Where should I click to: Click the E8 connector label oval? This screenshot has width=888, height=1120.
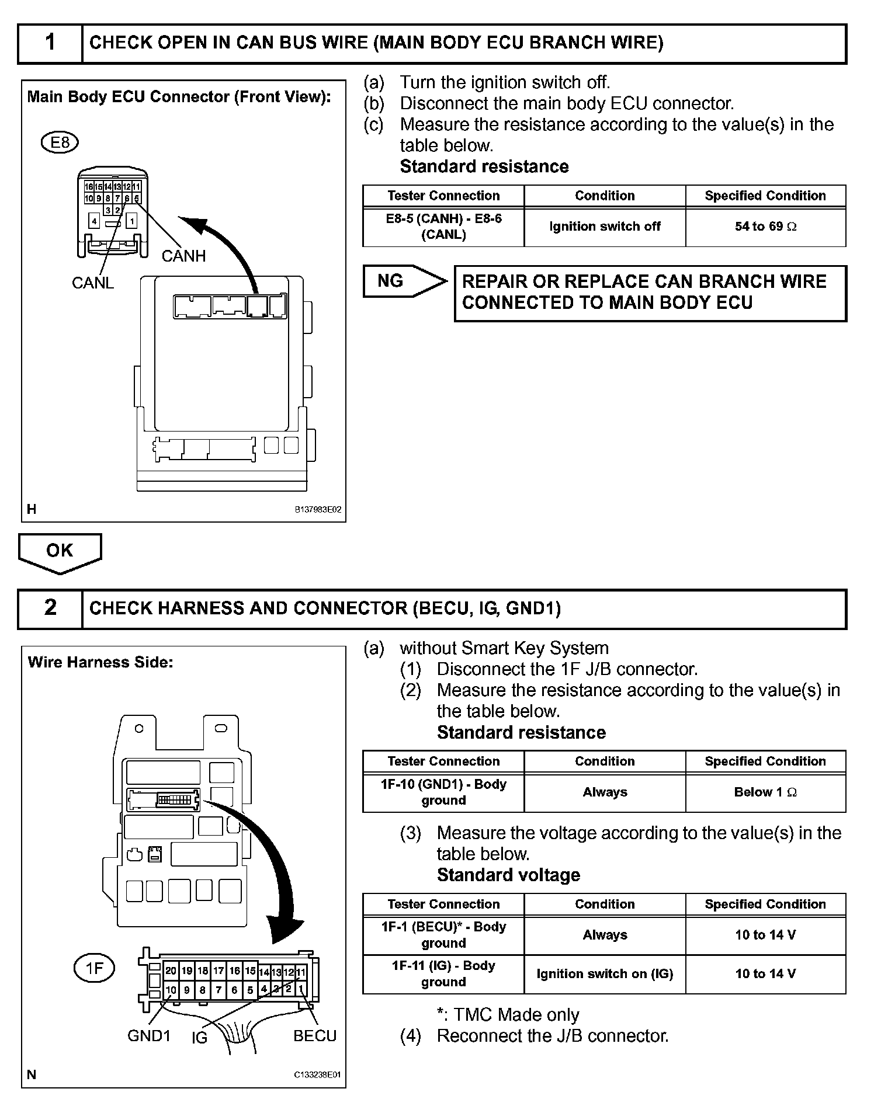[60, 142]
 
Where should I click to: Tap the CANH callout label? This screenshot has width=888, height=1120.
[183, 256]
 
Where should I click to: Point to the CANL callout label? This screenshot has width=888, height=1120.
[92, 283]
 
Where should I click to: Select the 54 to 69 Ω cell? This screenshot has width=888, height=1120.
[765, 227]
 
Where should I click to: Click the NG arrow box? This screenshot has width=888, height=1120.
[403, 281]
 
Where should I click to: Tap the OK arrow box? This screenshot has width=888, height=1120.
[60, 551]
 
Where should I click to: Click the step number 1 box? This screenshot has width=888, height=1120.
[50, 43]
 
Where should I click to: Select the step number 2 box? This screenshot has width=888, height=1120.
[50, 608]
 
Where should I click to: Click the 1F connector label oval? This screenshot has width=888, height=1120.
[94, 969]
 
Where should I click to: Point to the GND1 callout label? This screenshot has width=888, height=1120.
[149, 1036]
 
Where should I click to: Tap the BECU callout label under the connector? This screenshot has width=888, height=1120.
[315, 1036]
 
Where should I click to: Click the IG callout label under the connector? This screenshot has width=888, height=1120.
[199, 1038]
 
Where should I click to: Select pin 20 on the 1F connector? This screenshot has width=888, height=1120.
[171, 971]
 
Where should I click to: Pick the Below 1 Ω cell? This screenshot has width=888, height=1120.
[765, 792]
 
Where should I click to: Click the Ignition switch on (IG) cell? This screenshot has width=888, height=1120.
[605, 974]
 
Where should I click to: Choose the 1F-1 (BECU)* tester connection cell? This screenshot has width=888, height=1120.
[443, 935]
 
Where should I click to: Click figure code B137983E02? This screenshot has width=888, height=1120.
[318, 510]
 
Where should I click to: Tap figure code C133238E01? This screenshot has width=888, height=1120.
[318, 1074]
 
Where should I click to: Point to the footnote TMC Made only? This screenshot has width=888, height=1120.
[508, 1015]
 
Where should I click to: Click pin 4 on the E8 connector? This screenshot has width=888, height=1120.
[94, 221]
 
